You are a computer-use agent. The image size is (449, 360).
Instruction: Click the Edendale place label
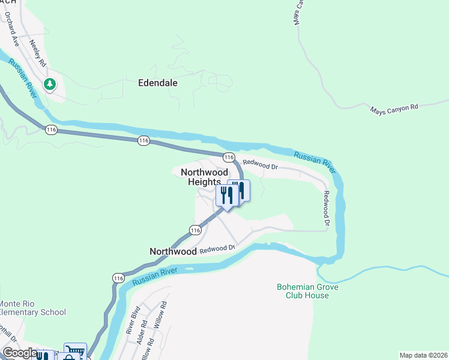pos(158,83)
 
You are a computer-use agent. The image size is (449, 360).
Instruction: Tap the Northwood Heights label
pos(205,177)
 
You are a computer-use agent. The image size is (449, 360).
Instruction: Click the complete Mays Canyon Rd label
pos(394,109)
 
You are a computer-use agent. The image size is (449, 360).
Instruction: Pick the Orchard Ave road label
pos(12,33)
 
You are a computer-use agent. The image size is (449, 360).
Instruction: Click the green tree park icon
pos(50,83)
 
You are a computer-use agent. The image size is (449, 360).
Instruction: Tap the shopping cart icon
pos(76,352)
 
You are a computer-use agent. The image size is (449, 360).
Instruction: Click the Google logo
pos(19,353)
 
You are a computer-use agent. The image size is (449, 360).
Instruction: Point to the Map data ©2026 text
pos(423,355)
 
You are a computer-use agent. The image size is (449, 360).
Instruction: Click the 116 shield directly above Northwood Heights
pos(229,157)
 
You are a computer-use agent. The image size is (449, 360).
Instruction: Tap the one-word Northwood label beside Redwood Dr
pos(173,252)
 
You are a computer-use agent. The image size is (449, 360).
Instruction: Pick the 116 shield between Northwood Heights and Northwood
pos(194,230)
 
